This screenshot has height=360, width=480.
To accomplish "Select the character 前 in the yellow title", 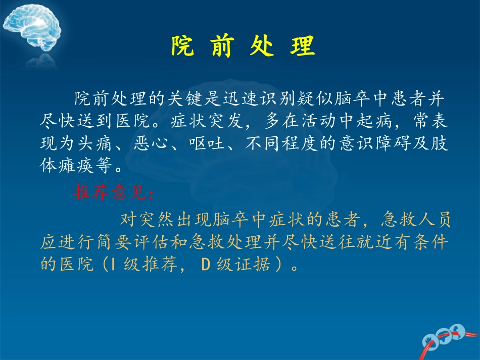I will (x=222, y=47).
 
